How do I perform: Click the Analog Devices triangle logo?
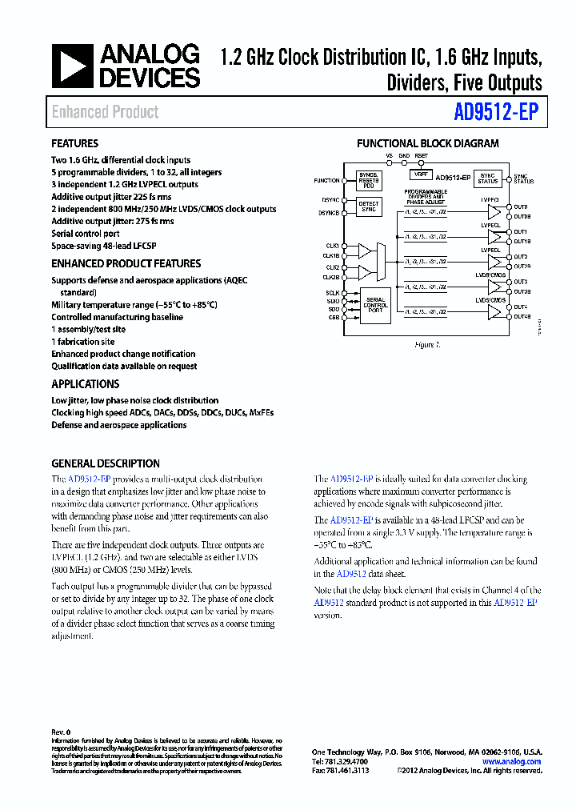[x=72, y=66]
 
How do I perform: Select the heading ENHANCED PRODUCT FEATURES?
[x=126, y=263]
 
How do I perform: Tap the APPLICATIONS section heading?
[x=86, y=383]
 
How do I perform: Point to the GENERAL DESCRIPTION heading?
[x=106, y=463]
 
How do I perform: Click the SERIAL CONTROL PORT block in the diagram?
[x=375, y=304]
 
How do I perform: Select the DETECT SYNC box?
[x=369, y=207]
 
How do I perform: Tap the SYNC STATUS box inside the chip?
[x=487, y=178]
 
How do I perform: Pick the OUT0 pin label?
[x=521, y=207]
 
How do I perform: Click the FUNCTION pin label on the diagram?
[x=326, y=181]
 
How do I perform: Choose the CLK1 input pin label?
[x=331, y=246]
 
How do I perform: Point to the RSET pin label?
[x=421, y=156]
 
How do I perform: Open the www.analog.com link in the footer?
[x=512, y=761]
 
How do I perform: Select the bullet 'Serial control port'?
[x=86, y=234]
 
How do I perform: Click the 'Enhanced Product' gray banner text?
[x=106, y=112]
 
